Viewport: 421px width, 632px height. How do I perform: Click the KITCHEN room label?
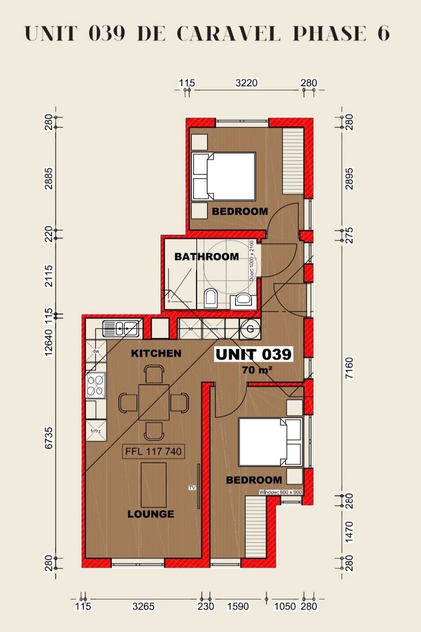click(x=156, y=353)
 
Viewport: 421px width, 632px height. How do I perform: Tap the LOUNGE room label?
click(x=151, y=514)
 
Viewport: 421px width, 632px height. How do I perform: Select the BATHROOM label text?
click(x=207, y=256)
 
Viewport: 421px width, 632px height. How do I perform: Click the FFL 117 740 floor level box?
click(x=153, y=451)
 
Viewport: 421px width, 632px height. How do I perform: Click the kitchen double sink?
click(x=120, y=328)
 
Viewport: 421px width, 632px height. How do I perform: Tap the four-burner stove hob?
click(x=96, y=385)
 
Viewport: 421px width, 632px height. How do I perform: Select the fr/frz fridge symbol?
click(x=96, y=431)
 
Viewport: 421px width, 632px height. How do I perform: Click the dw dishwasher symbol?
click(x=96, y=351)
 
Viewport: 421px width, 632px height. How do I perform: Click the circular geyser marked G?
click(x=250, y=329)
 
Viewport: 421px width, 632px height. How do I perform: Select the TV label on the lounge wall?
click(x=192, y=488)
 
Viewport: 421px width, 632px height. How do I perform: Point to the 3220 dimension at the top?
click(x=246, y=83)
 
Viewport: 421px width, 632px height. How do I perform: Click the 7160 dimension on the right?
click(x=349, y=369)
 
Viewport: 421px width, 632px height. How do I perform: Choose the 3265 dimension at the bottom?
click(x=143, y=606)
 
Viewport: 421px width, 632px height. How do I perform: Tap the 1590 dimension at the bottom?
click(x=237, y=606)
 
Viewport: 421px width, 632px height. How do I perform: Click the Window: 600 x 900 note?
click(x=280, y=493)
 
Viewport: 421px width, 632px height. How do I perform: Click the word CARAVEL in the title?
click(x=228, y=33)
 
